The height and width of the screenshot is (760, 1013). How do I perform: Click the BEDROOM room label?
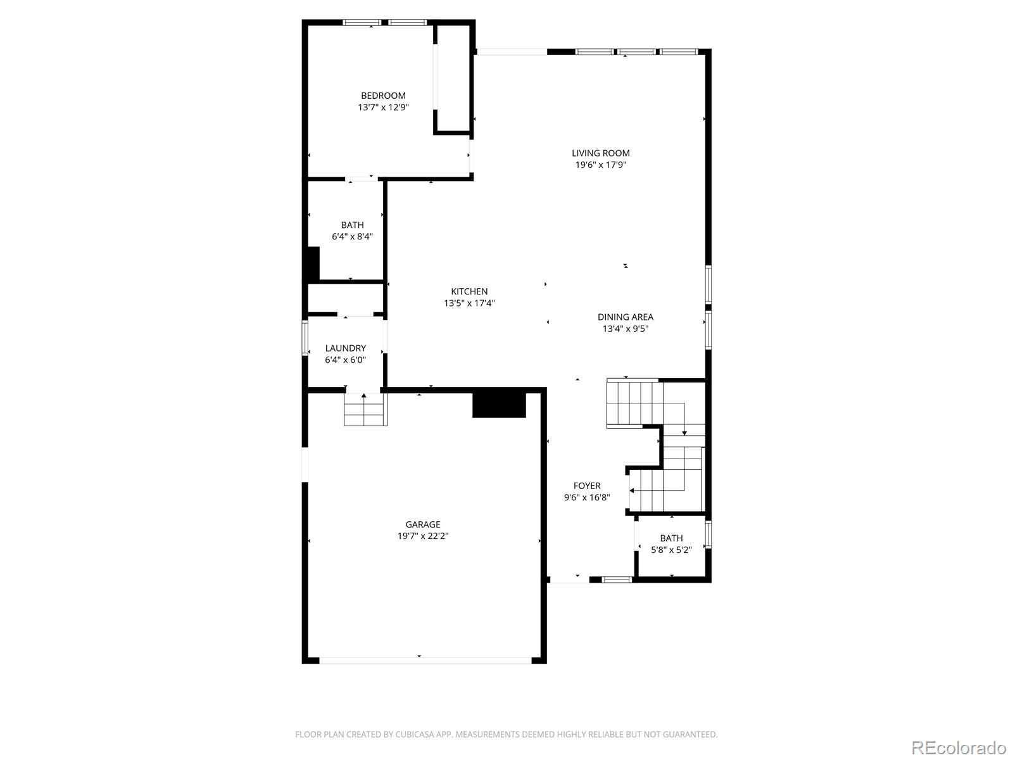pyautogui.click(x=383, y=96)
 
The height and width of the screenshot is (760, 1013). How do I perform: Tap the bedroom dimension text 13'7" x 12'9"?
pyautogui.click(x=383, y=108)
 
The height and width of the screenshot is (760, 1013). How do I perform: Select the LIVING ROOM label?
pyautogui.click(x=600, y=153)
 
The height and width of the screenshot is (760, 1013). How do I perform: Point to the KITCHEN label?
pyautogui.click(x=469, y=291)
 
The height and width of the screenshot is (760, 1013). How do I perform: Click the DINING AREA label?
pyautogui.click(x=625, y=317)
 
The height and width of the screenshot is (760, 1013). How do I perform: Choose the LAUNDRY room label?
pyautogui.click(x=345, y=348)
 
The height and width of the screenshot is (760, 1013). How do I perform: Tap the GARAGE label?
pyautogui.click(x=423, y=524)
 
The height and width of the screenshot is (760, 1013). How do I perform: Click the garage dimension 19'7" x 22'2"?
pyautogui.click(x=423, y=536)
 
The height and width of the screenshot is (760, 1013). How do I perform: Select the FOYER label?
pyautogui.click(x=587, y=486)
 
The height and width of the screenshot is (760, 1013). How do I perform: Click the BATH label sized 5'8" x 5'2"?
pyautogui.click(x=671, y=538)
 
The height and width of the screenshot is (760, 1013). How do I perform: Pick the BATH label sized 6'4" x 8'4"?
pyautogui.click(x=352, y=225)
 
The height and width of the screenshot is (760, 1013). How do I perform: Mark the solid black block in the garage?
pyautogui.click(x=499, y=405)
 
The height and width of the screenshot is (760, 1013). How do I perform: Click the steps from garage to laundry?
pyautogui.click(x=365, y=410)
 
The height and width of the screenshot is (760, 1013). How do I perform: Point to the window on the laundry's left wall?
pyautogui.click(x=305, y=338)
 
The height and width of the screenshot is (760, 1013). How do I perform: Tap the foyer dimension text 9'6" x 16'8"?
pyautogui.click(x=587, y=498)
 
